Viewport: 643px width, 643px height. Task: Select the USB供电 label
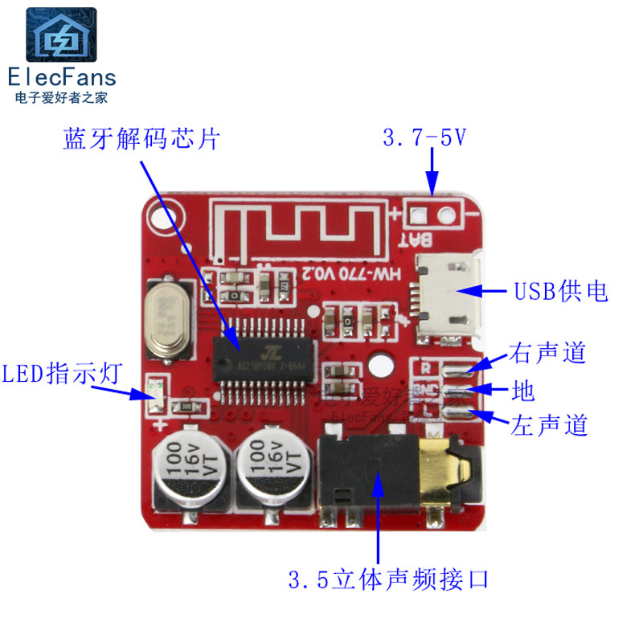561,291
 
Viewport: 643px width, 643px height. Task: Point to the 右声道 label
547,354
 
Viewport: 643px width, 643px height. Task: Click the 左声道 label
549,424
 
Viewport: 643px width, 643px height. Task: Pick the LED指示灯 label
61,373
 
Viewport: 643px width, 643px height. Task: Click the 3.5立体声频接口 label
388,579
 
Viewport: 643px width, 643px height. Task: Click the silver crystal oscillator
170,318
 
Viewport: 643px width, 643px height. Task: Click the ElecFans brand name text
62,77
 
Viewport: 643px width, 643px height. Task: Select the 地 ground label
522,391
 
